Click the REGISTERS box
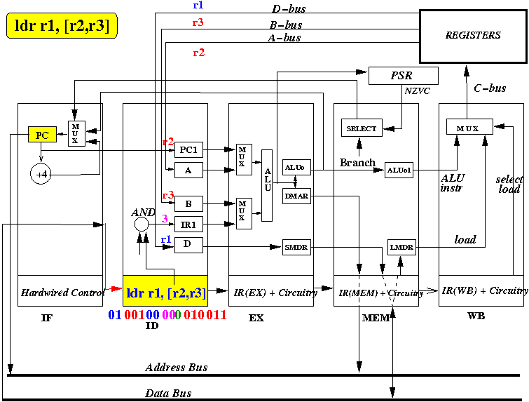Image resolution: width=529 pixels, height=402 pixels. [473, 35]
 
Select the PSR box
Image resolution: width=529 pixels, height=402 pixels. [403, 76]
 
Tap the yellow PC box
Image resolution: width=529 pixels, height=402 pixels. [41, 134]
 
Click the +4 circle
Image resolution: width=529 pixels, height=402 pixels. [41, 172]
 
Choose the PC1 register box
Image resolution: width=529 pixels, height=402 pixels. [188, 149]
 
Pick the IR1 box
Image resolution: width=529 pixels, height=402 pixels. [188, 225]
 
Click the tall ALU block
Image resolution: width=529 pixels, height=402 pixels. [267, 185]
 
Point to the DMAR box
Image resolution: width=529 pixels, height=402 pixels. [293, 196]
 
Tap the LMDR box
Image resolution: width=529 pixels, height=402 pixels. [401, 247]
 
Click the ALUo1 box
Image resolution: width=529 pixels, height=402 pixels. [399, 170]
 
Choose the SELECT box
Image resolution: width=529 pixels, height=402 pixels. [361, 128]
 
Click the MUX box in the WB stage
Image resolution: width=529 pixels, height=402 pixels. [469, 128]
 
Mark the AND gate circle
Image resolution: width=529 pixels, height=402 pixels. [142, 225]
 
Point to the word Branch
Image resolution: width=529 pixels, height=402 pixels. [357, 162]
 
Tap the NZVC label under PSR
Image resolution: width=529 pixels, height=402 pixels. [418, 91]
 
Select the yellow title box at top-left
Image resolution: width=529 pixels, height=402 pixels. [62, 27]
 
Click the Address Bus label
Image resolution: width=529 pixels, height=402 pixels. [177, 368]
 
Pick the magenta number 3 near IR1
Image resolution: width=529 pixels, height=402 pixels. [165, 219]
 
